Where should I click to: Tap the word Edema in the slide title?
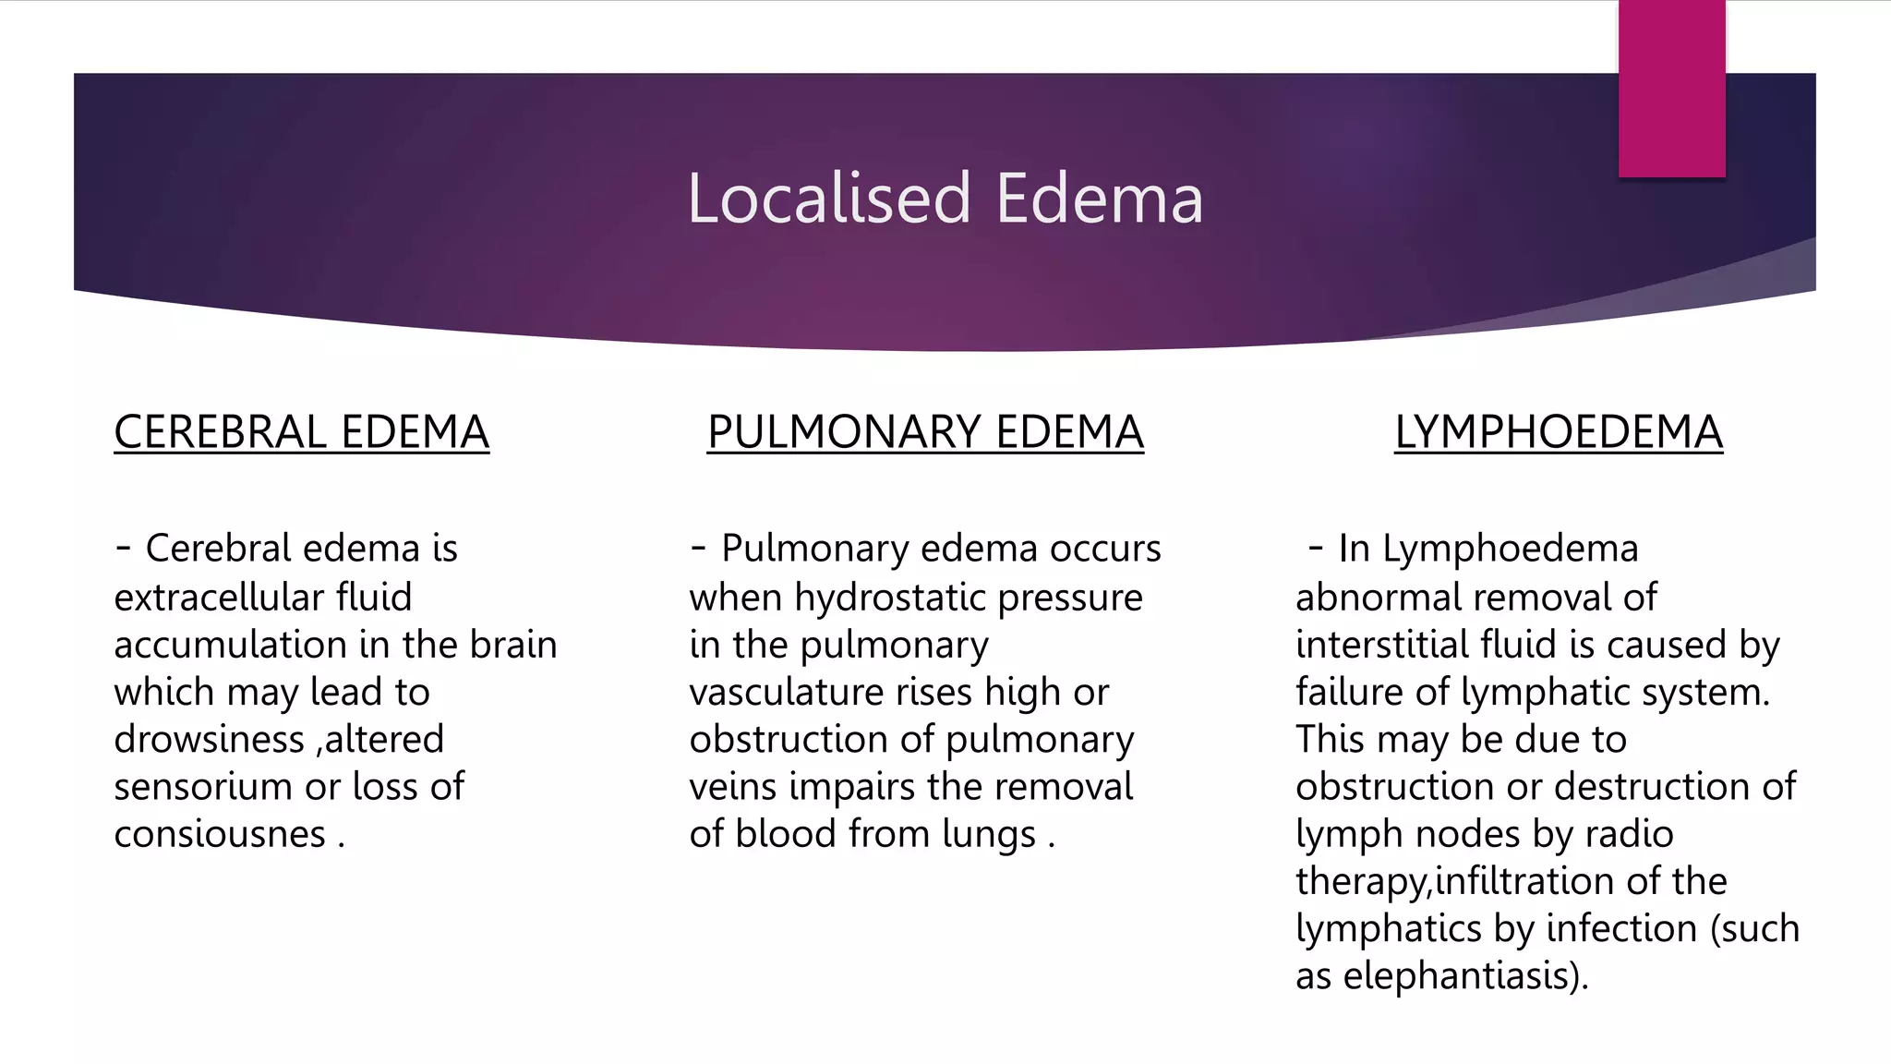1099,199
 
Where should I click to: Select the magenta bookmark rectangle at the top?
1671,89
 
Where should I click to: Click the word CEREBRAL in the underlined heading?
220,432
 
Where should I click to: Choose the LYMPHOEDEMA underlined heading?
1559,432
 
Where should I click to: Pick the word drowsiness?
209,740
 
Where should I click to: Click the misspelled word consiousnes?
220,834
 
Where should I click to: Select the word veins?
733,787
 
